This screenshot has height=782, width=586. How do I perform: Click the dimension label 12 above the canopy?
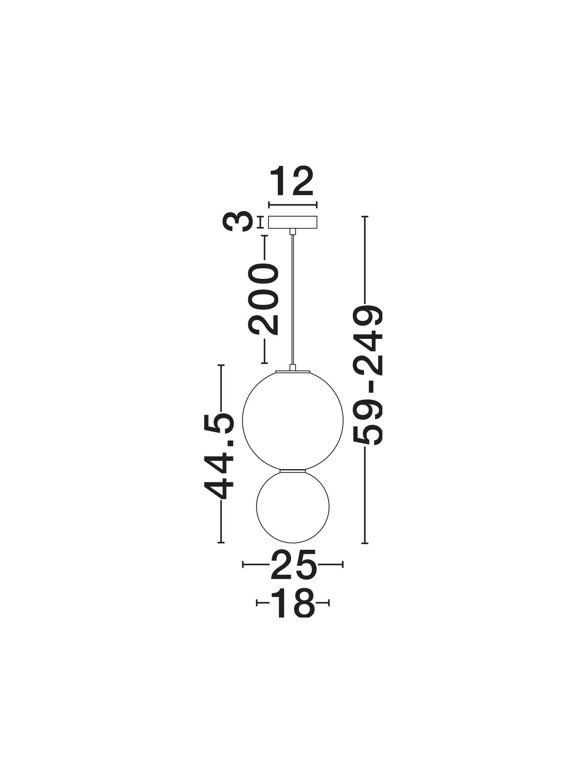(291, 181)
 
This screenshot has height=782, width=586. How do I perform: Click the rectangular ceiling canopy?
(292, 222)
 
